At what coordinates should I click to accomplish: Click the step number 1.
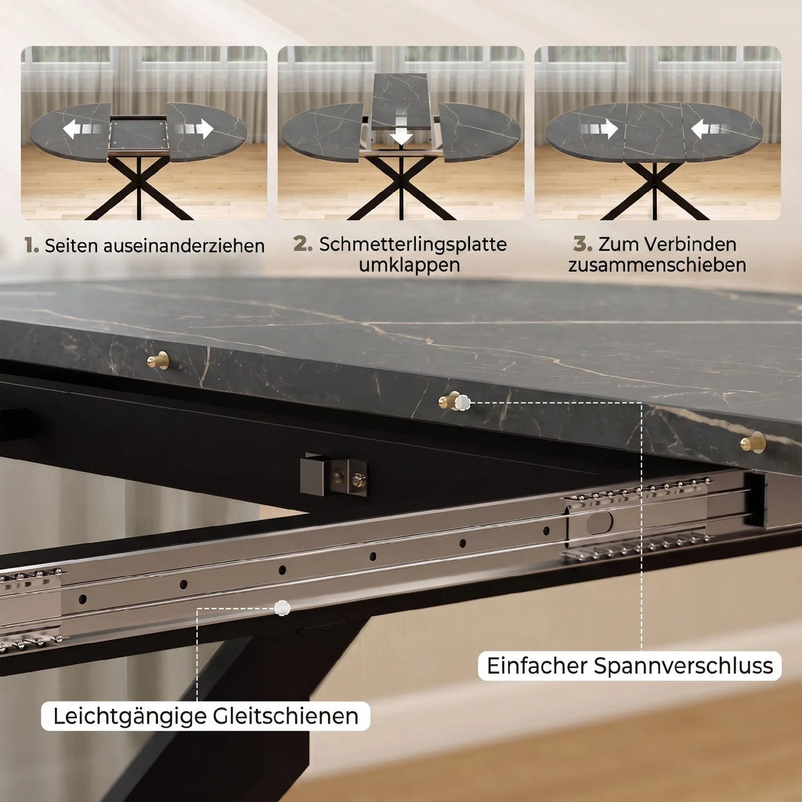[x=31, y=245]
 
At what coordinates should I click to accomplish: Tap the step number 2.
[x=303, y=244]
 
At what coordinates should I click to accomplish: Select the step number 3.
[x=583, y=244]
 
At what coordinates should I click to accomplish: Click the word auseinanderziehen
[x=184, y=245]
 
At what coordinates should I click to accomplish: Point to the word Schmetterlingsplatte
[x=413, y=244]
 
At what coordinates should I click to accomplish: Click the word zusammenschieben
[x=657, y=265]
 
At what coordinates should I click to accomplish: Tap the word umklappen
[x=409, y=265]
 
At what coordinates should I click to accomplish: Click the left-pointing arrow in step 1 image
[x=72, y=129]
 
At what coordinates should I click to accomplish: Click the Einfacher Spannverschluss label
[x=630, y=666]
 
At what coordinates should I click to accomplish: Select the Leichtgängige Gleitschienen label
[x=206, y=716]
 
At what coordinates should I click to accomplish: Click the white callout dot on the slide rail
[x=282, y=608]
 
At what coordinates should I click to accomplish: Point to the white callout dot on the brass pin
[x=462, y=403]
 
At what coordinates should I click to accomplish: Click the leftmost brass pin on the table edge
[x=158, y=360]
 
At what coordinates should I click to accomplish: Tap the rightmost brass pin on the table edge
[x=753, y=443]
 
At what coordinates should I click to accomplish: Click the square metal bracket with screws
[x=334, y=475]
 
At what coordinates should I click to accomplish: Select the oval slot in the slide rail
[x=599, y=522]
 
